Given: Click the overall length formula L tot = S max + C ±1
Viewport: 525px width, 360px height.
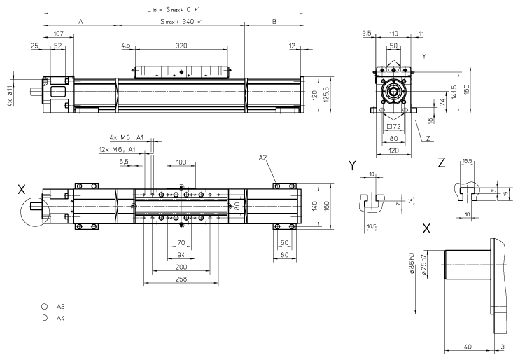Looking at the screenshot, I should click(174, 9).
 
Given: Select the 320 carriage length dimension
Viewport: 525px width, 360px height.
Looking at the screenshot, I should click(181, 45).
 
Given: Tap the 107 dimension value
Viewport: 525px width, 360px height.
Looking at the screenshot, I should click(59, 34).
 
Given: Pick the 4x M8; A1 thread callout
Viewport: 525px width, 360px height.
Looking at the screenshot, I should click(126, 137).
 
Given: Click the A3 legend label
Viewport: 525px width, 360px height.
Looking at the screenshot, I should click(61, 307).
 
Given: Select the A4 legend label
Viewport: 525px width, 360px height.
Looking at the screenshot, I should click(61, 318).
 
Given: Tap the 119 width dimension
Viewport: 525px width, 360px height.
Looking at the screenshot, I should click(393, 33).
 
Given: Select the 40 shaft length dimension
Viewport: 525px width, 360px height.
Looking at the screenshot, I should click(468, 346).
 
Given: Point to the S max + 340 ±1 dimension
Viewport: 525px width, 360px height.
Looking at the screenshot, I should click(181, 22).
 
